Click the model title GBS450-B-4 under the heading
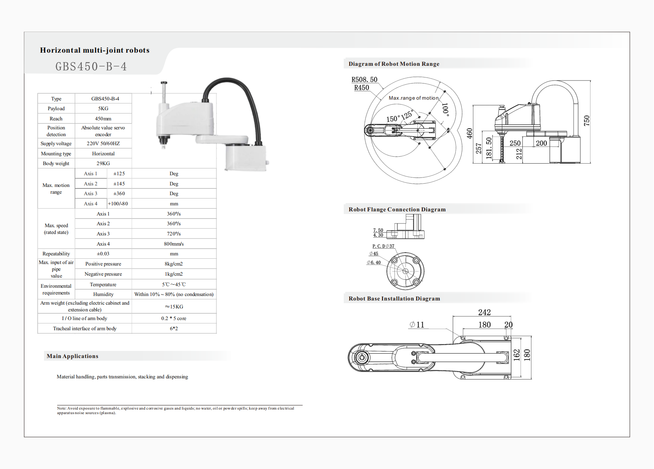coord(91,67)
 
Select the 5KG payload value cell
coord(103,108)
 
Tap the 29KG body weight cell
coord(103,163)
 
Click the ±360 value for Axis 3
coord(119,193)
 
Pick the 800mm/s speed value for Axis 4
coord(174,244)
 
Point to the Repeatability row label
coord(56,254)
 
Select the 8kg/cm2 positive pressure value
coord(174,264)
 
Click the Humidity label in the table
coord(103,294)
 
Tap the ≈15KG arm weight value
coord(174,307)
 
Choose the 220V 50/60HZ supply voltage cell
coord(103,143)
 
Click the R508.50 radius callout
coord(364,79)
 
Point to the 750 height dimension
coord(587,121)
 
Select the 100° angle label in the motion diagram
coord(446,109)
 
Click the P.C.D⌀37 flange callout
coord(383,246)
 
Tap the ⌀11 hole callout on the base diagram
coord(417,325)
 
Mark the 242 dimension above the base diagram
coord(484,312)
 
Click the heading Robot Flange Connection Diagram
coord(397,209)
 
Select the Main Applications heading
coord(72,356)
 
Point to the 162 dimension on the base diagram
coord(517,355)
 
